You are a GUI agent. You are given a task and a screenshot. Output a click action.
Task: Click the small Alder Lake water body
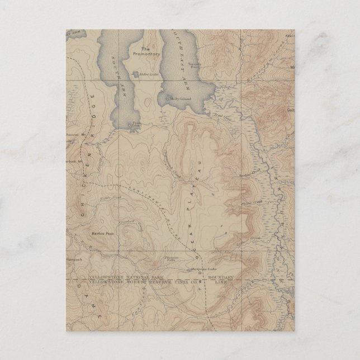tap(135, 73)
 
